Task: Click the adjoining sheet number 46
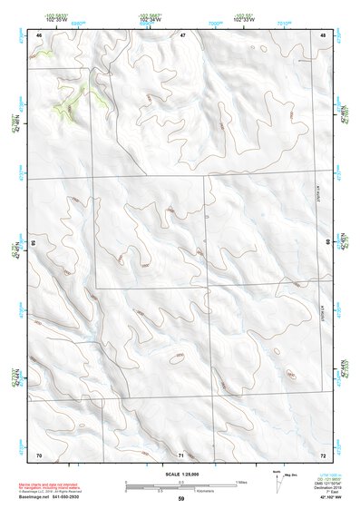39,35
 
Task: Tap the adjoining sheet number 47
182,35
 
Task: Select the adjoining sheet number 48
323,35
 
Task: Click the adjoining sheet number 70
39,454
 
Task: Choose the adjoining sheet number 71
181,454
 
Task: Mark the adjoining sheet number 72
323,454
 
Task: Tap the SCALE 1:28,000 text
180,475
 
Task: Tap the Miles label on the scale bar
240,481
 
